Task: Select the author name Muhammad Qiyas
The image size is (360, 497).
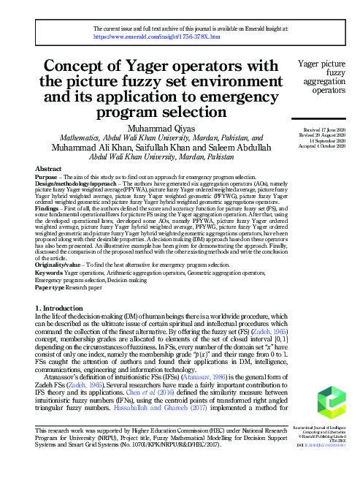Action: [x=157, y=129]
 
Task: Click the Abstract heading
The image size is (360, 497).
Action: [x=48, y=169]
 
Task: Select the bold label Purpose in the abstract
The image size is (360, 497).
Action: [x=47, y=178]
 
